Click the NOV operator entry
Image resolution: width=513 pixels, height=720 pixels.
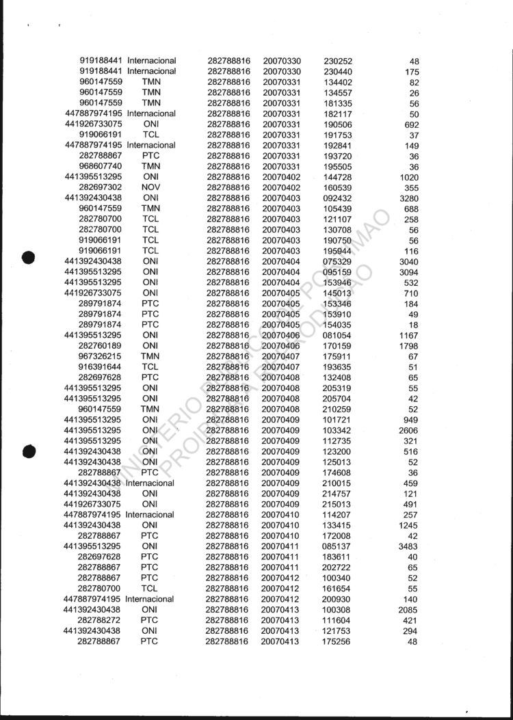click(150, 187)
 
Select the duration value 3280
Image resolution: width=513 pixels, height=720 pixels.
click(408, 198)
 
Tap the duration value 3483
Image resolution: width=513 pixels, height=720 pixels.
click(408, 546)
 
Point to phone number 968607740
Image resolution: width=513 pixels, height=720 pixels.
click(101, 166)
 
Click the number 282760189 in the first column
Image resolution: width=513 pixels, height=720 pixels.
click(101, 346)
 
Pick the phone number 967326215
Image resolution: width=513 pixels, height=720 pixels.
click(101, 356)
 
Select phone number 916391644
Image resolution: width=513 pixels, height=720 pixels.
click(101, 367)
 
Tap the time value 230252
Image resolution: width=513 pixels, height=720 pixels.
click(337, 61)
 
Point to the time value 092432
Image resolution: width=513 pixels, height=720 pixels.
click(337, 198)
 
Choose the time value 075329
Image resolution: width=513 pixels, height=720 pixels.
click(337, 261)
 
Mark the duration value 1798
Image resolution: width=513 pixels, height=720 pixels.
click(408, 346)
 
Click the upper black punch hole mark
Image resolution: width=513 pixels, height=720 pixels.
click(29, 257)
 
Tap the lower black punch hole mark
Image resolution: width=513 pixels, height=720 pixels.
click(29, 451)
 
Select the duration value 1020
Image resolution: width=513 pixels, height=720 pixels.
click(408, 177)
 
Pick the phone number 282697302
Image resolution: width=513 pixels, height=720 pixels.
click(101, 187)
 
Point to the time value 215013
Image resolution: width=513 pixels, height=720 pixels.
click(337, 504)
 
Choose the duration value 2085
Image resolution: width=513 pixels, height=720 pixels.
click(408, 609)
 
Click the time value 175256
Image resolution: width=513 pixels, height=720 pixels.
click(337, 641)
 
